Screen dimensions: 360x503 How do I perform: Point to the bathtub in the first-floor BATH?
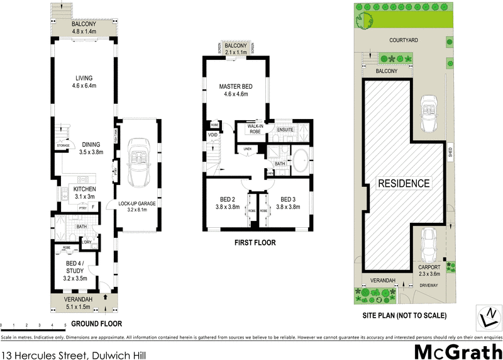point(301,161)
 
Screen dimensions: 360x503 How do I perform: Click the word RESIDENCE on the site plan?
point(404,183)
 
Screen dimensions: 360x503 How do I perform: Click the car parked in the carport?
point(429,244)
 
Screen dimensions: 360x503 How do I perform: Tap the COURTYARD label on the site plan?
point(404,40)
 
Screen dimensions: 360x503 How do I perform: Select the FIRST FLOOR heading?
point(255,242)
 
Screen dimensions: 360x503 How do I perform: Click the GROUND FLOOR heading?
point(96,323)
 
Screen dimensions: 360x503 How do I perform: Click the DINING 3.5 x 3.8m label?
point(91,147)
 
